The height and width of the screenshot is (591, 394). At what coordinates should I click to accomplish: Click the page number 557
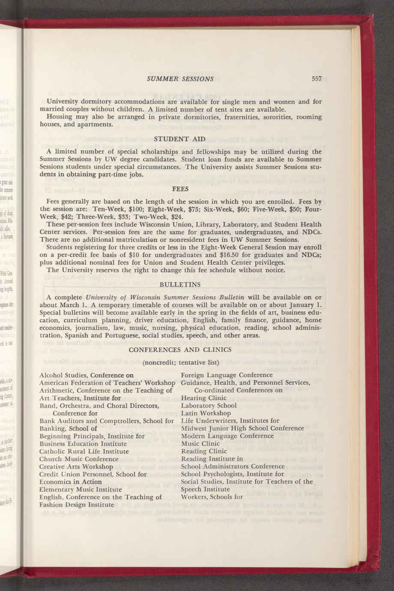coord(316,79)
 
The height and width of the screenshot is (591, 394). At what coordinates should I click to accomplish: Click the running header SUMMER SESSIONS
coord(180,79)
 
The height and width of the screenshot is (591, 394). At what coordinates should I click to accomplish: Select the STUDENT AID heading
coord(180,139)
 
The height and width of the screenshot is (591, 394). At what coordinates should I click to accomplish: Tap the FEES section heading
coord(180,188)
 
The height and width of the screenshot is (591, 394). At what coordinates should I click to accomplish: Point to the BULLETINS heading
coord(180,284)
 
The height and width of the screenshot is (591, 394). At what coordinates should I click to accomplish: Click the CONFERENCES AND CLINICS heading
coord(180,349)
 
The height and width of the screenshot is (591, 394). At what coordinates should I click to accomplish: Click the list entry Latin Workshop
coord(206,413)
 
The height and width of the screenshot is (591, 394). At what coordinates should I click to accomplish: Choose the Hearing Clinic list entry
coord(204,398)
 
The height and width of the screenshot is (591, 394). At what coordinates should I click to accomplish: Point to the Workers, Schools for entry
coord(212,497)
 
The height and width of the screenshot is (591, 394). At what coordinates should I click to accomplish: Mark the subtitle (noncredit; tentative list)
coord(180,363)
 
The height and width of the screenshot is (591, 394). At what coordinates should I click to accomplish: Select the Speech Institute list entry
coord(206,490)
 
